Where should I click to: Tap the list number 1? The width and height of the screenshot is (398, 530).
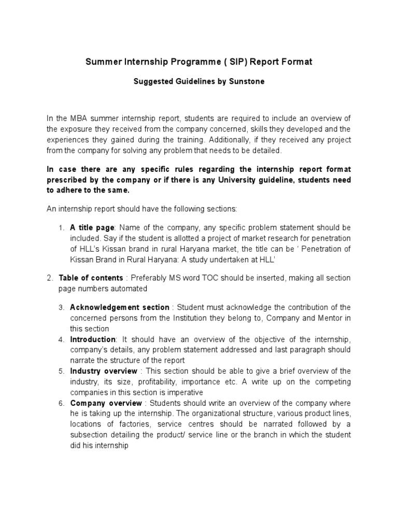61,228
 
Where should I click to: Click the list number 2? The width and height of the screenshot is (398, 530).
50,278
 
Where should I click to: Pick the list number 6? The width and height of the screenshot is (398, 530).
61,403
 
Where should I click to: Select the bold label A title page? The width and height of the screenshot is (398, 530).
94,228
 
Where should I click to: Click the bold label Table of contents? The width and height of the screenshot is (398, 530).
91,278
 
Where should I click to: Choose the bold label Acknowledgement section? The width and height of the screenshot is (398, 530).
120,307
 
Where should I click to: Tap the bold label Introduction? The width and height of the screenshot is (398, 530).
93,340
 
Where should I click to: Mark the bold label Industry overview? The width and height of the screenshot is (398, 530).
104,371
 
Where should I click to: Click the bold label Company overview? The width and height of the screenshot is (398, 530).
106,403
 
